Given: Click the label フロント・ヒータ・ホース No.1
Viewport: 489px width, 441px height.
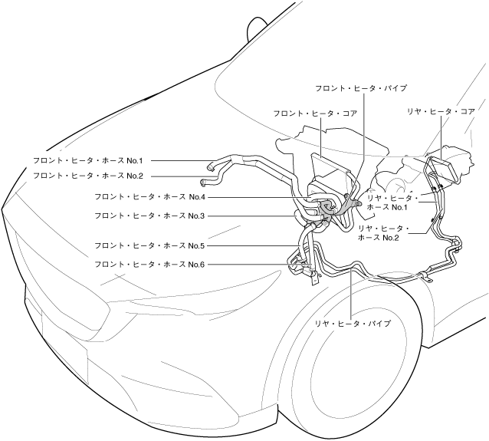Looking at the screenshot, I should (x=89, y=160).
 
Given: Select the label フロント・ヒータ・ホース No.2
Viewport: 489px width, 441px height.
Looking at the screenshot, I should (x=89, y=176).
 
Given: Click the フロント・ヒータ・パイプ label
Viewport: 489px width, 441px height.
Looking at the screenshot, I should (x=361, y=88).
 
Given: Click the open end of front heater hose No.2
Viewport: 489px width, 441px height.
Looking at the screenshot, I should (x=203, y=183).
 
